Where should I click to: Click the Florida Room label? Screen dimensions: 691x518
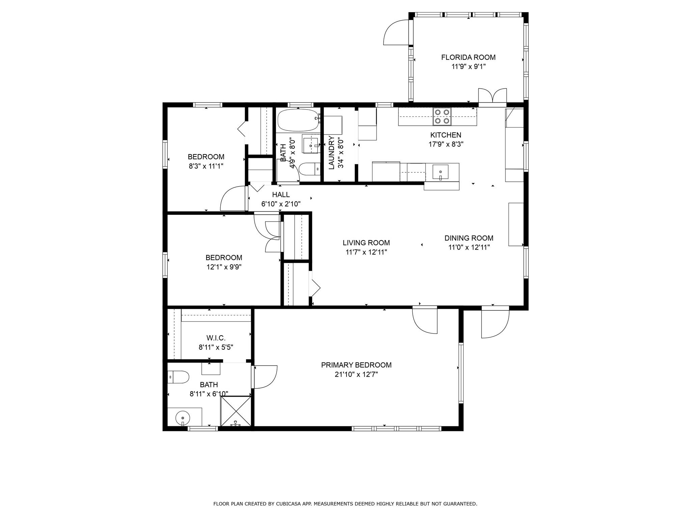coord(468,57)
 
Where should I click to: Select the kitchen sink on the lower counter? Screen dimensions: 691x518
coord(441,172)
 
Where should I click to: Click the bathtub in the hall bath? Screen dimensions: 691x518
coord(298,120)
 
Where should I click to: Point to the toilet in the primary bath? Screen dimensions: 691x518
coord(178,377)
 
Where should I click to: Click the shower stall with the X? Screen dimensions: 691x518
coord(236,411)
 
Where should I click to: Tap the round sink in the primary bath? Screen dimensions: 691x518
coord(183,419)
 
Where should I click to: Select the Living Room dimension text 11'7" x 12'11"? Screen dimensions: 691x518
coord(366,252)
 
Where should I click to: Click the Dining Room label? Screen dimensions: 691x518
coord(469,238)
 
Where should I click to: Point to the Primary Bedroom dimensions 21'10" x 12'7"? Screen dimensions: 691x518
coord(356,374)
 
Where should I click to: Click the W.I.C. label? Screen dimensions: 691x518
coord(216,338)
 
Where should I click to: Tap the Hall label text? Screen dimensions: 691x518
coord(281,195)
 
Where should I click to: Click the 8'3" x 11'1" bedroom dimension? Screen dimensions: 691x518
coord(206,166)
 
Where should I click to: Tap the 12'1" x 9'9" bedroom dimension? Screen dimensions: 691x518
coord(224,267)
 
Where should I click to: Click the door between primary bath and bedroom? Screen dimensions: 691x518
coord(265,377)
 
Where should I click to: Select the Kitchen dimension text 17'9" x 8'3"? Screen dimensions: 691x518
coord(446,144)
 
